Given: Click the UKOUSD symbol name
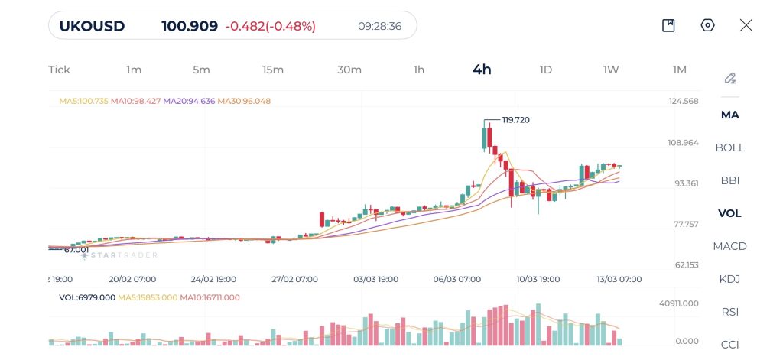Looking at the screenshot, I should (x=92, y=26).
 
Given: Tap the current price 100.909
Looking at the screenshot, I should (x=189, y=26).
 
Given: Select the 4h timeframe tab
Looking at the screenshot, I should (x=482, y=70).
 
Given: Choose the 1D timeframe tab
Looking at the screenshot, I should (x=545, y=70).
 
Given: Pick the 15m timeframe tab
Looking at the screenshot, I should (x=273, y=70).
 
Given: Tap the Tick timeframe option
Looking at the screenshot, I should (x=59, y=70).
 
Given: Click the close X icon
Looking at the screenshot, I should (x=746, y=25).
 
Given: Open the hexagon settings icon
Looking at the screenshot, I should (x=707, y=25).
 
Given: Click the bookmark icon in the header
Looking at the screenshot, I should (x=668, y=25).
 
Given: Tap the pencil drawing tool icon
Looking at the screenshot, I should (x=730, y=78).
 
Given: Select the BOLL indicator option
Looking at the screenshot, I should (x=729, y=148).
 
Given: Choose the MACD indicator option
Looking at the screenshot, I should (x=729, y=246).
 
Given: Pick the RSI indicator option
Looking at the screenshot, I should (x=729, y=312).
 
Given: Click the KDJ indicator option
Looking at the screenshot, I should (x=729, y=279).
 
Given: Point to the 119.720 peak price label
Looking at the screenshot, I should (x=515, y=120).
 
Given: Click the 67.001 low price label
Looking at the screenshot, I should (x=76, y=249).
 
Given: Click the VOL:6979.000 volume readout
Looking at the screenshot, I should (x=87, y=297).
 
